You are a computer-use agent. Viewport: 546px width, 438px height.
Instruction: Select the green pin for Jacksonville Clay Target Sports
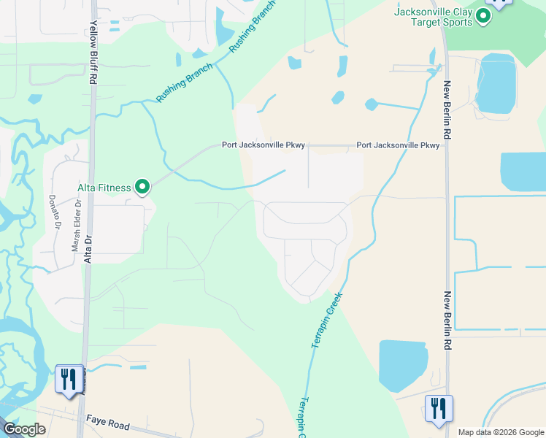point(482,16)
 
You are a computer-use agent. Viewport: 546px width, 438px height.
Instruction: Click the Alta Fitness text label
point(104,188)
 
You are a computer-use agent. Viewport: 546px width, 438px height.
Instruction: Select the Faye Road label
point(107,423)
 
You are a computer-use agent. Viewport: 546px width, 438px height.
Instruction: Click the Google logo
point(24,430)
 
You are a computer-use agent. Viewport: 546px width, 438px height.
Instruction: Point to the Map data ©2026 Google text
point(500,432)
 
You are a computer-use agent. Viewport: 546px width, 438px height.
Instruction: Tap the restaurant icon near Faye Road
point(69,380)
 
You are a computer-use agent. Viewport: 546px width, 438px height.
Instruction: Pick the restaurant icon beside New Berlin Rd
point(439,409)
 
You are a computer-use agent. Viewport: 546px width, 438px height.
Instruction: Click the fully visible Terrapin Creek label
point(326,318)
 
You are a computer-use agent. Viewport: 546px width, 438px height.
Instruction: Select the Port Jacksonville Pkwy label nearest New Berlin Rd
point(398,145)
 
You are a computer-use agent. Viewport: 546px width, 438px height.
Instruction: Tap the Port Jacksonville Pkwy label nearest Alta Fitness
point(264,145)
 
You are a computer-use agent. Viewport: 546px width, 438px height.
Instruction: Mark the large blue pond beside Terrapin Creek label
point(402,366)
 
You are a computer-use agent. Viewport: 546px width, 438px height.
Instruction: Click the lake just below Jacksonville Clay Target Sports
point(496,83)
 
